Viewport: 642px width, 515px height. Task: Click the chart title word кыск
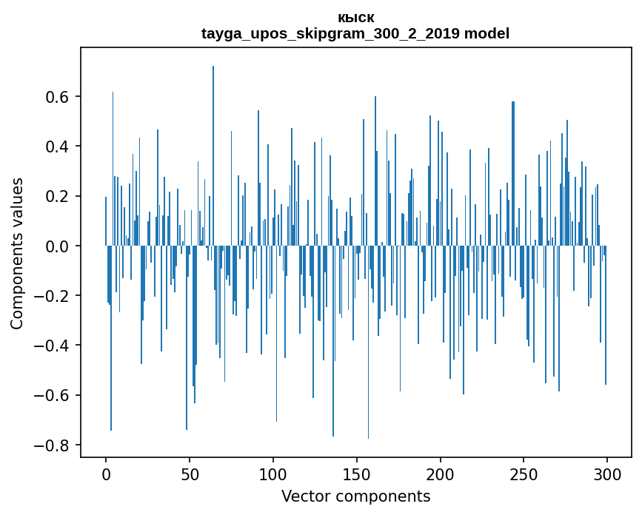355,18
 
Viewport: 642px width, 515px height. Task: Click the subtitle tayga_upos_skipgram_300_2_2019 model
355,33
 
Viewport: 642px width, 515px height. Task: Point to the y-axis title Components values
17,253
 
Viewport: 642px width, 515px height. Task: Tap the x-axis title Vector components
355,496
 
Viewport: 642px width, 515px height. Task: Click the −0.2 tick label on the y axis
52,296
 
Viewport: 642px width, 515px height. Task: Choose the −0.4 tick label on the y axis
52,346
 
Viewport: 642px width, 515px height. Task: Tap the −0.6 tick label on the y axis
52,395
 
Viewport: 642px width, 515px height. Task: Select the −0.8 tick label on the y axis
52,445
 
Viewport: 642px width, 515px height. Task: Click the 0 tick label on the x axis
106,474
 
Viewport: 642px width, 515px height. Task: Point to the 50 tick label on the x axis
190,474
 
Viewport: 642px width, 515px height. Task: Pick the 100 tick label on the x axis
273,474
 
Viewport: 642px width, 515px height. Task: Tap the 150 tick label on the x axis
357,474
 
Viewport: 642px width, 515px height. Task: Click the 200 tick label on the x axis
441,474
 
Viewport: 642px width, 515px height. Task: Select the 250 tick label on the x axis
524,474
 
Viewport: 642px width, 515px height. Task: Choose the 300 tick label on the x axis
607,474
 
